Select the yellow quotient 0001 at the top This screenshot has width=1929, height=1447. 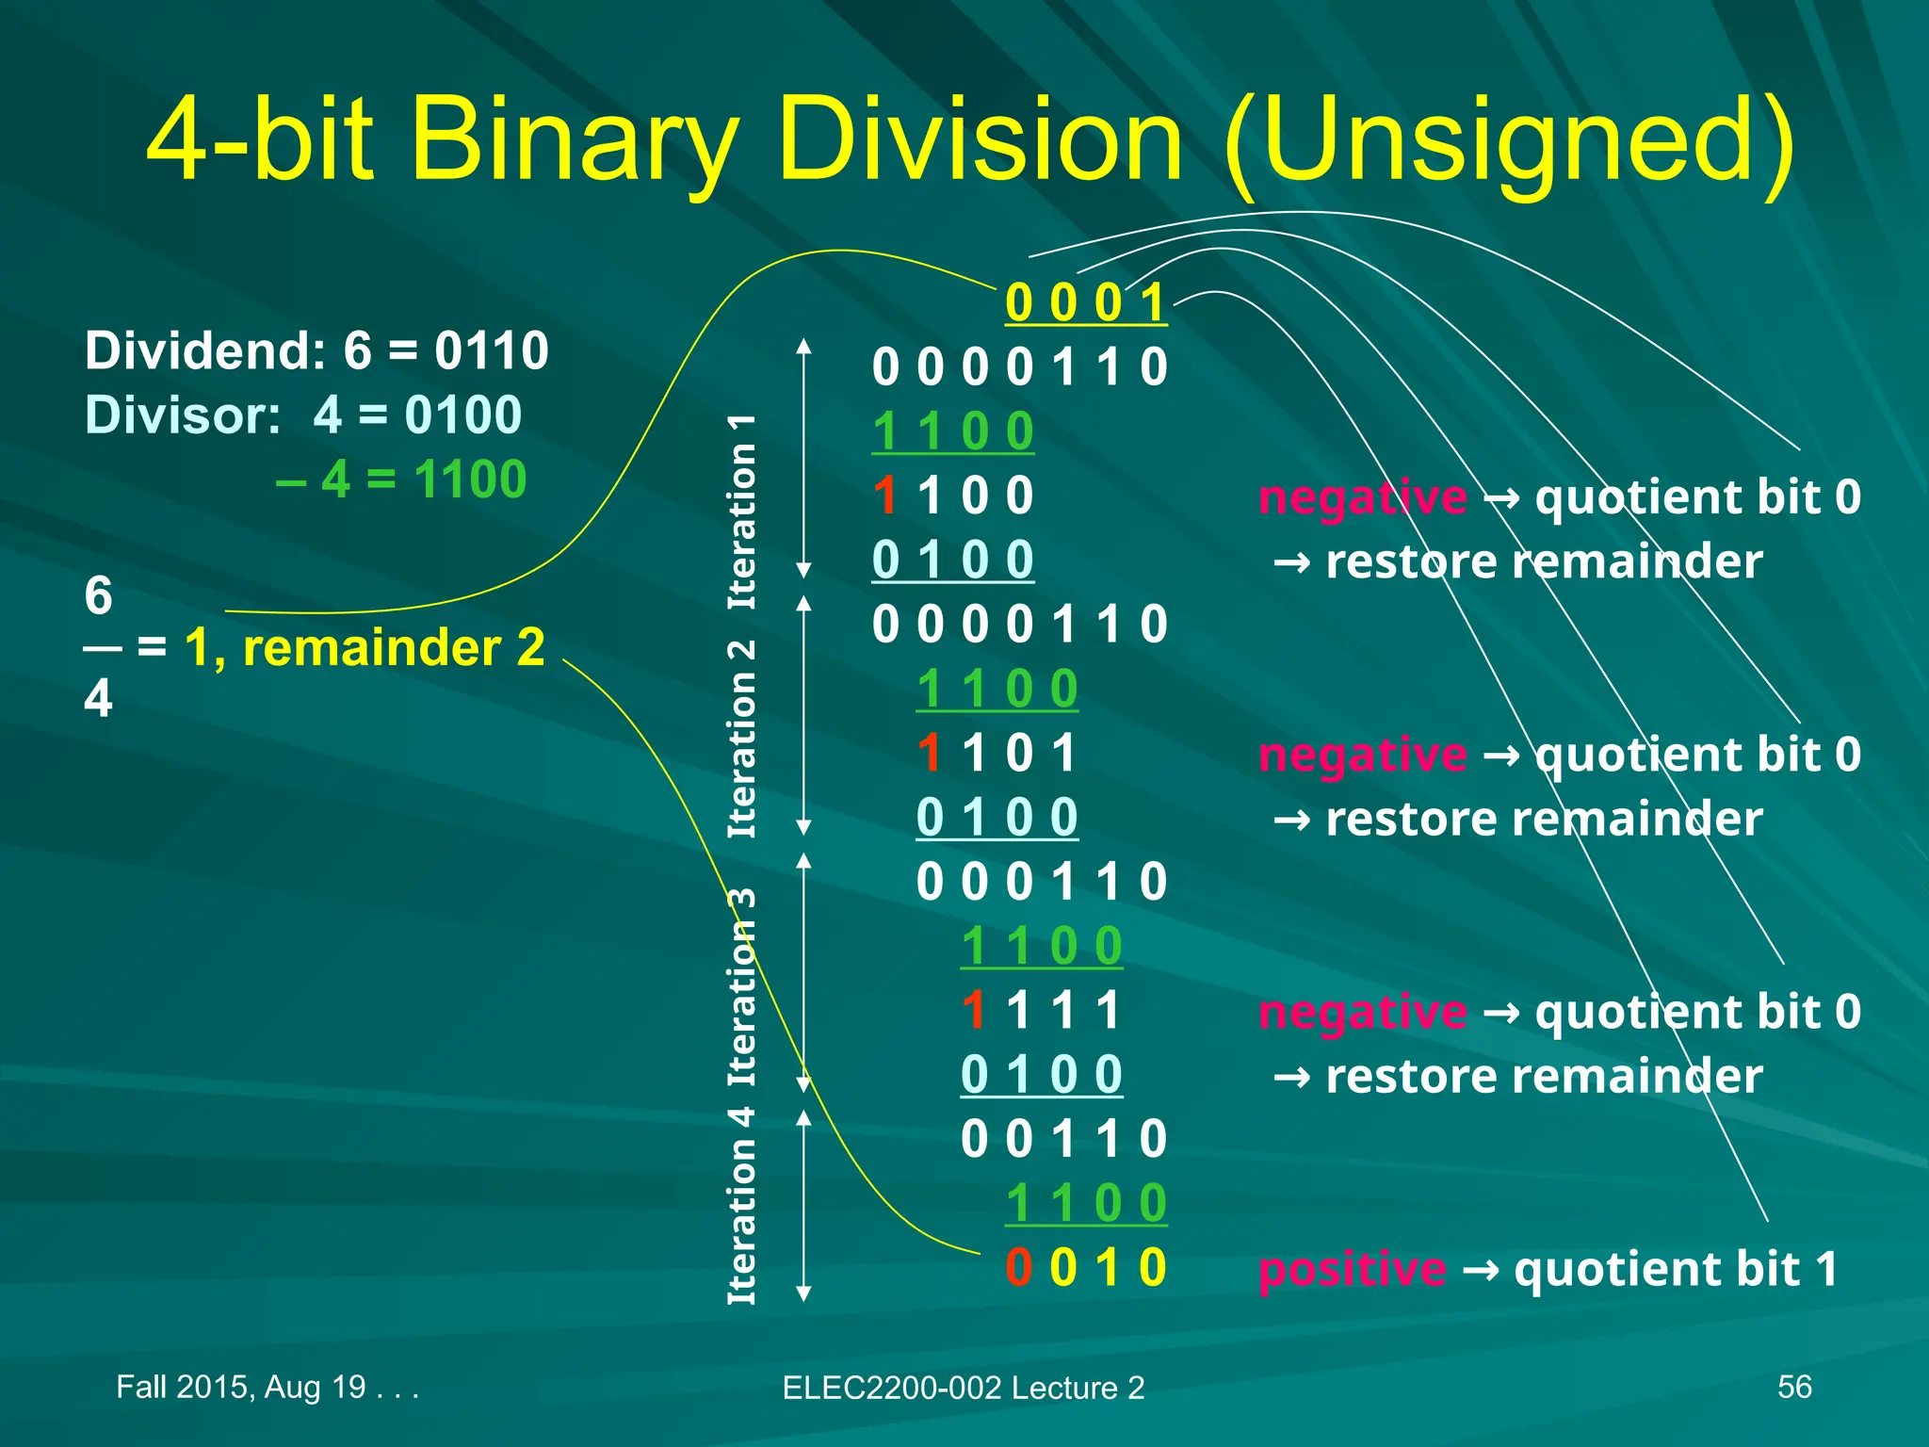(1086, 303)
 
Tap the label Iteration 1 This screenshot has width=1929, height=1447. (742, 511)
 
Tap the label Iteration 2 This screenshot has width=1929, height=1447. (742, 739)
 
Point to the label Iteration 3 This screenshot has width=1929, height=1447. (742, 986)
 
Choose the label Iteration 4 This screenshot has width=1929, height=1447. (742, 1206)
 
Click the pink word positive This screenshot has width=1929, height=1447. (1352, 1269)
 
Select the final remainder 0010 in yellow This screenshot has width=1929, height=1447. (1086, 1267)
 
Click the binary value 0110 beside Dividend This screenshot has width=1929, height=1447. (491, 350)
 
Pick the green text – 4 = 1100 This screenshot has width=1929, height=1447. (401, 479)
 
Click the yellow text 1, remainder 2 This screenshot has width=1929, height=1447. (365, 647)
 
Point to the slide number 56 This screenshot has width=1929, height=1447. (1794, 1387)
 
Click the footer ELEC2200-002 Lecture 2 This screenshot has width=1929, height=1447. (964, 1388)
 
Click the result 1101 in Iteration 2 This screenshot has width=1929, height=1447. (997, 753)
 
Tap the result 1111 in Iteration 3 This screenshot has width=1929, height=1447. (1041, 1010)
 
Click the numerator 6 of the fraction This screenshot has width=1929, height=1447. (98, 595)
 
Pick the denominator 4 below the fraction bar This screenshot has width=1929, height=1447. (98, 698)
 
